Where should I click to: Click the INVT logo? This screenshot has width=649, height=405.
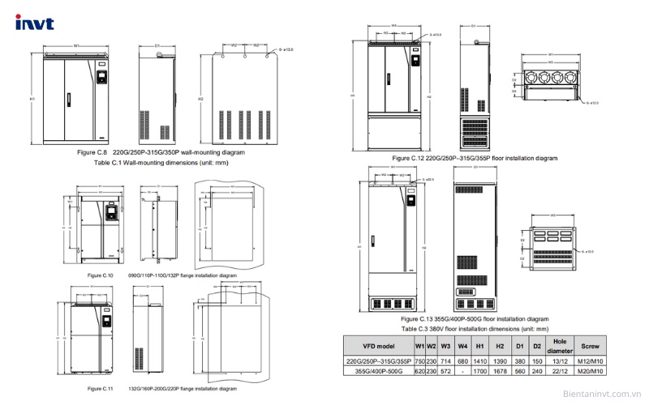(x=34, y=23)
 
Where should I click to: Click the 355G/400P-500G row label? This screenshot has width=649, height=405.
(x=379, y=372)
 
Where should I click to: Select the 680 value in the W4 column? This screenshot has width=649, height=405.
(x=462, y=361)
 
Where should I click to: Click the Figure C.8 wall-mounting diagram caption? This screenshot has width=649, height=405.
(x=161, y=151)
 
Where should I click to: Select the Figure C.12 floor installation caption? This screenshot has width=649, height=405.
(x=475, y=158)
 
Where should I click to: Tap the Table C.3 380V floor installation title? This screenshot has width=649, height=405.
(x=475, y=329)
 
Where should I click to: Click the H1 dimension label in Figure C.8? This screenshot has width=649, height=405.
(x=31, y=99)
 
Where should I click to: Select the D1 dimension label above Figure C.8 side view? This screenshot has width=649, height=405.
(x=157, y=45)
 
